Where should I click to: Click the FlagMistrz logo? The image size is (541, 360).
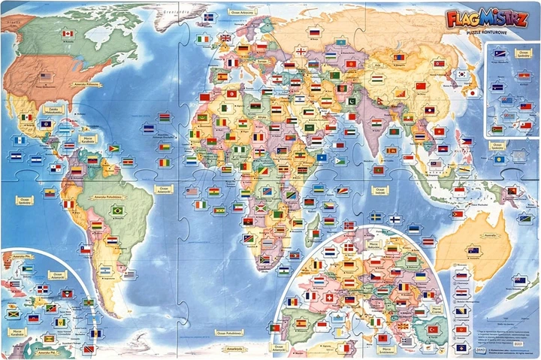click(x=487, y=16)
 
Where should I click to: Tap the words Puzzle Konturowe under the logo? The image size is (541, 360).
click(x=488, y=32)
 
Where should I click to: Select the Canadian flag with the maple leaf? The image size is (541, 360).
click(x=68, y=34)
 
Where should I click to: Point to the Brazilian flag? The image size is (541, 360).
click(x=117, y=211)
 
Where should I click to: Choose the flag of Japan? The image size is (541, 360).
click(x=473, y=93)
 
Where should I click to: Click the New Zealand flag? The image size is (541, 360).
click(x=519, y=280)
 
